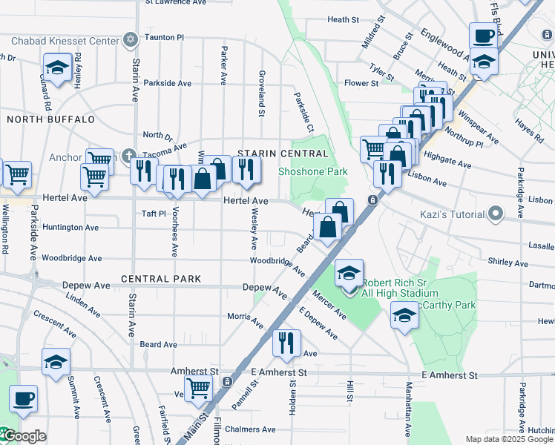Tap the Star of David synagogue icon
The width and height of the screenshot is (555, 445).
pyautogui.click(x=131, y=39)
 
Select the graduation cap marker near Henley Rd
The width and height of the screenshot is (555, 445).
pyautogui.click(x=57, y=69)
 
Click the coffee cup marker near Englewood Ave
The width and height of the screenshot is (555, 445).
pyautogui.click(x=483, y=36)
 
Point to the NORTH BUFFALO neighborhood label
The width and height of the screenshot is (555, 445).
pyautogui.click(x=50, y=119)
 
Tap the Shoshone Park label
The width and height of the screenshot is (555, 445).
pyautogui.click(x=312, y=171)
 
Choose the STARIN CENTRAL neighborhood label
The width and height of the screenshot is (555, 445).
pyautogui.click(x=282, y=154)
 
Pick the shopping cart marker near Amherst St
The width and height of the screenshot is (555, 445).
pyautogui.click(x=197, y=388)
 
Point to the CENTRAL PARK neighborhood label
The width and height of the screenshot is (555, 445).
pyautogui.click(x=161, y=279)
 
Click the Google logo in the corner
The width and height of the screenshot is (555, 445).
pyautogui.click(x=24, y=436)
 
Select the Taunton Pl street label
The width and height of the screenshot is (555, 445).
pyautogui.click(x=164, y=36)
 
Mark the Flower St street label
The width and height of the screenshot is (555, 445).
pyautogui.click(x=361, y=83)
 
